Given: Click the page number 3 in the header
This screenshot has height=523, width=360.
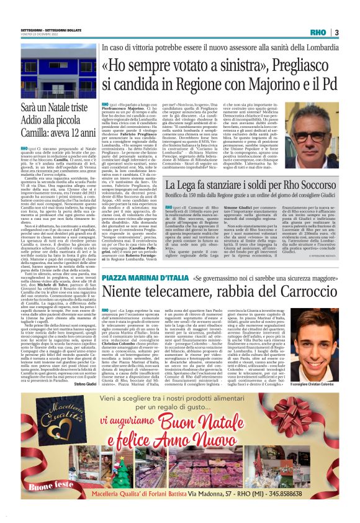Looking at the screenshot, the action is click(x=336, y=32).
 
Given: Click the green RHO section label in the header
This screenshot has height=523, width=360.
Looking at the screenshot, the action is click(x=317, y=32).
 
